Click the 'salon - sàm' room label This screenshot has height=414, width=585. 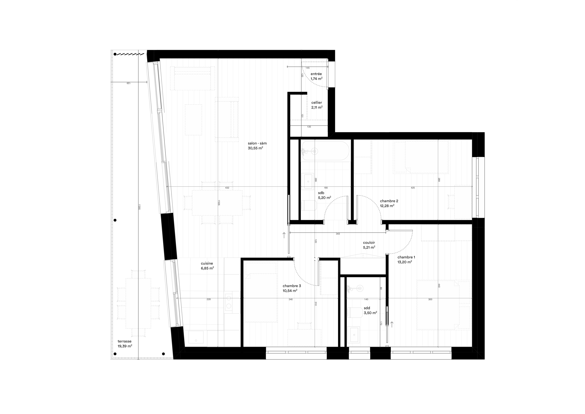coord(257,143)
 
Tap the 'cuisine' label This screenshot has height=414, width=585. coord(207,263)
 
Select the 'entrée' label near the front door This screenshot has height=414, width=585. coord(316,74)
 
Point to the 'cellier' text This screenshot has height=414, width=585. coord(316,102)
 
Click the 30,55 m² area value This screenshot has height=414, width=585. coord(255,148)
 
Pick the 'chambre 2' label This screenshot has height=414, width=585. coord(389,201)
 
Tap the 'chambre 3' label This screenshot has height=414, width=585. coord(292,286)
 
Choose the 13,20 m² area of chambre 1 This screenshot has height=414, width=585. coord(405,262)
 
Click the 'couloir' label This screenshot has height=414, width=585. coord(369,243)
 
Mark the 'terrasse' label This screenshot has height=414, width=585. coord(124,341)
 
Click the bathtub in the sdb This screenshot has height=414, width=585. coord(326,151)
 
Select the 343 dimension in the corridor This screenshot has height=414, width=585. coord(338,234)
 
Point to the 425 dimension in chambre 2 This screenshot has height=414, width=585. coord(413,188)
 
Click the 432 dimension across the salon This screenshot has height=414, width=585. coord(227,188)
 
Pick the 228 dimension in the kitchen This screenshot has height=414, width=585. coord(208,299)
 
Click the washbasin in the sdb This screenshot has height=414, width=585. coord(308,181)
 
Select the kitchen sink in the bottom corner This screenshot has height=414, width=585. coord(196,337)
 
